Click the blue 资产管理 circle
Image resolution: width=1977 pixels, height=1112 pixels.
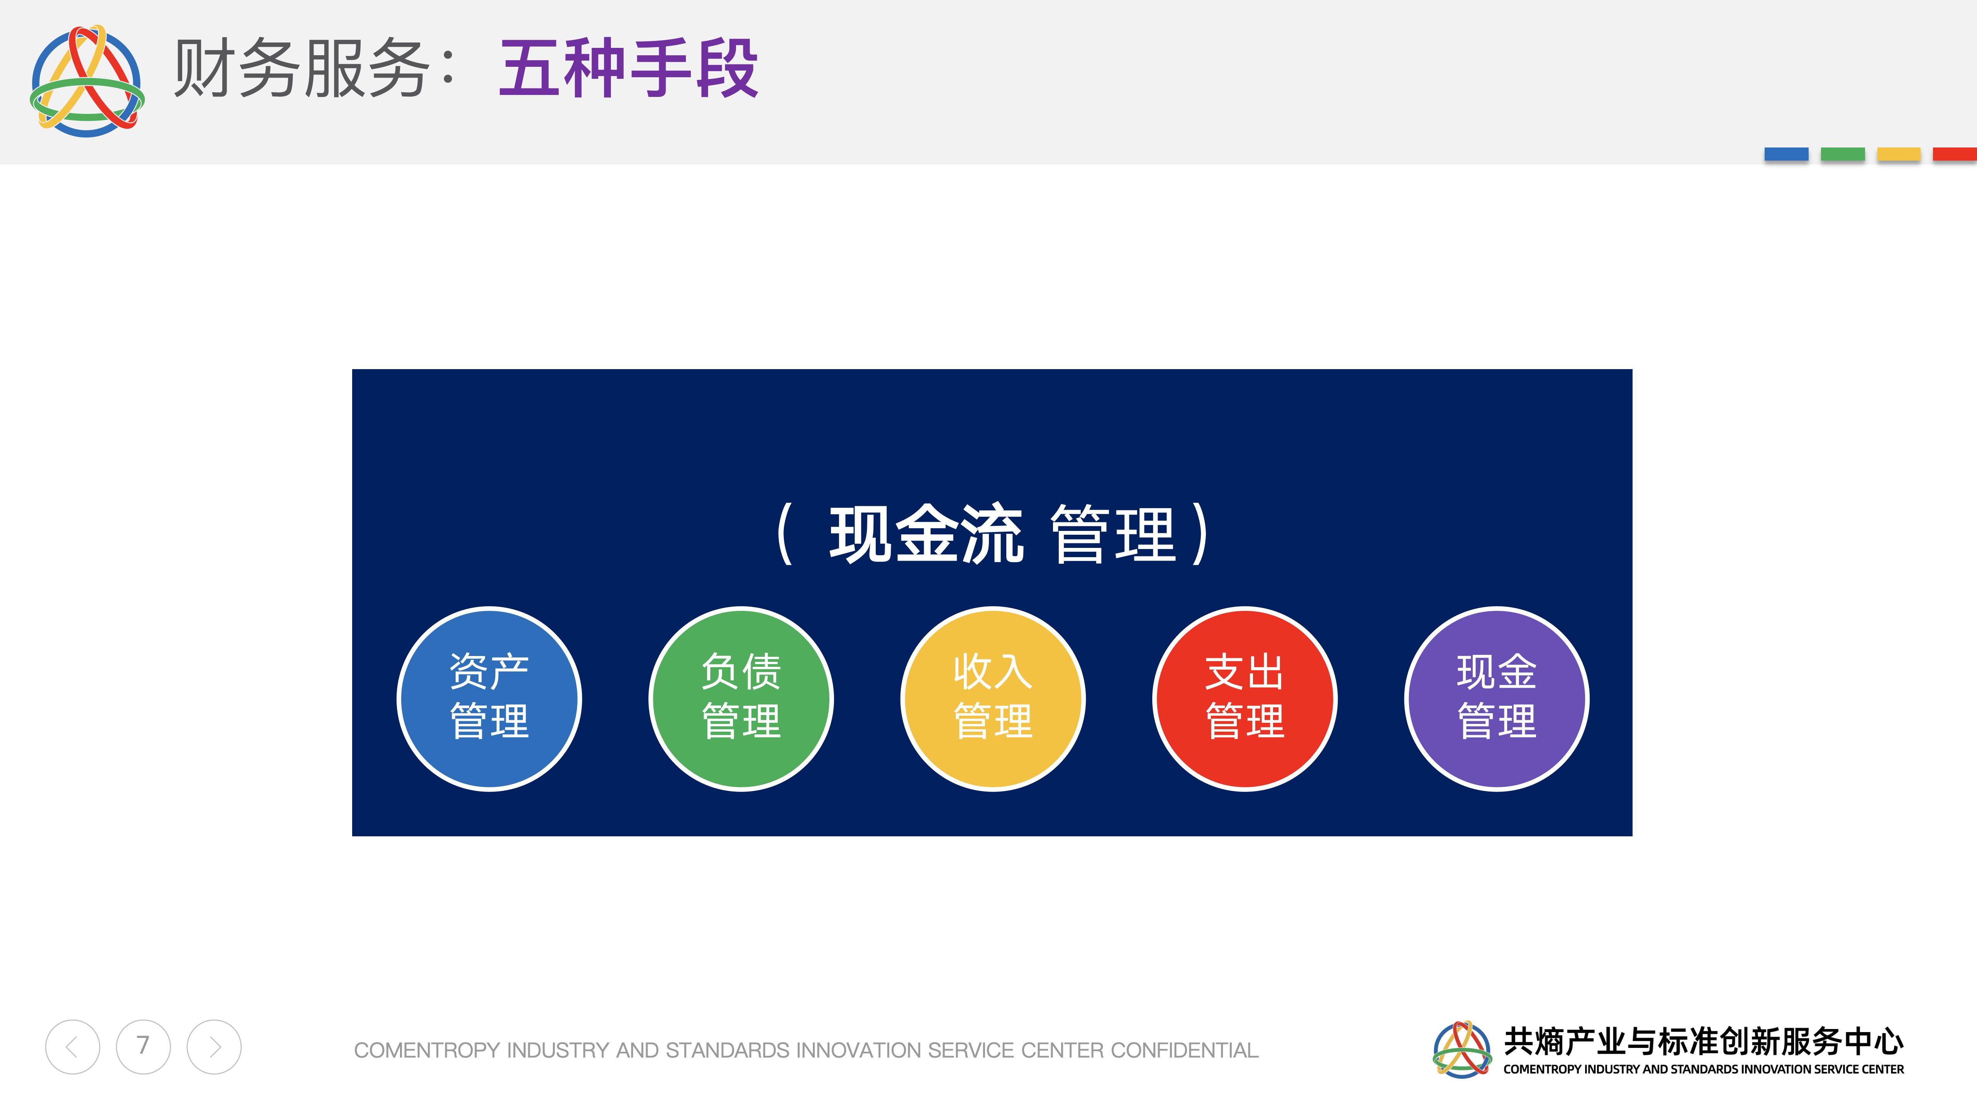point(489,698)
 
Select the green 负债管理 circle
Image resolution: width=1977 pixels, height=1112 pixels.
point(741,698)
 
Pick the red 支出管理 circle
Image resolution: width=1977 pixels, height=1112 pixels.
point(1245,698)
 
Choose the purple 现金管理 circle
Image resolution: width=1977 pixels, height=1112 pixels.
point(1497,698)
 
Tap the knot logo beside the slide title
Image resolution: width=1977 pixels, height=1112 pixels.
point(87,81)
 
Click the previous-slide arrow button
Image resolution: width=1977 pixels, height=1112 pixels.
point(72,1047)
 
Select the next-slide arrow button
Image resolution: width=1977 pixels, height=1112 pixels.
point(214,1047)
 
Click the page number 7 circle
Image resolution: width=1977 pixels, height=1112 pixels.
point(143,1047)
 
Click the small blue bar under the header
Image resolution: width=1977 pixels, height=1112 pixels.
point(1786,154)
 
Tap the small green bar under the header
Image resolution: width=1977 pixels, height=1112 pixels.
point(1843,154)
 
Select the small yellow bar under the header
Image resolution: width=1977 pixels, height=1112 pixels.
point(1899,154)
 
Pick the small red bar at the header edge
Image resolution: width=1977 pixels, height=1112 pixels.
point(1955,154)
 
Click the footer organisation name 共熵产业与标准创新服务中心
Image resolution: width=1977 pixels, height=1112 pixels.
point(1703,1041)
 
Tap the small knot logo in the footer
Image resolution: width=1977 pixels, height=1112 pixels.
point(1462,1049)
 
